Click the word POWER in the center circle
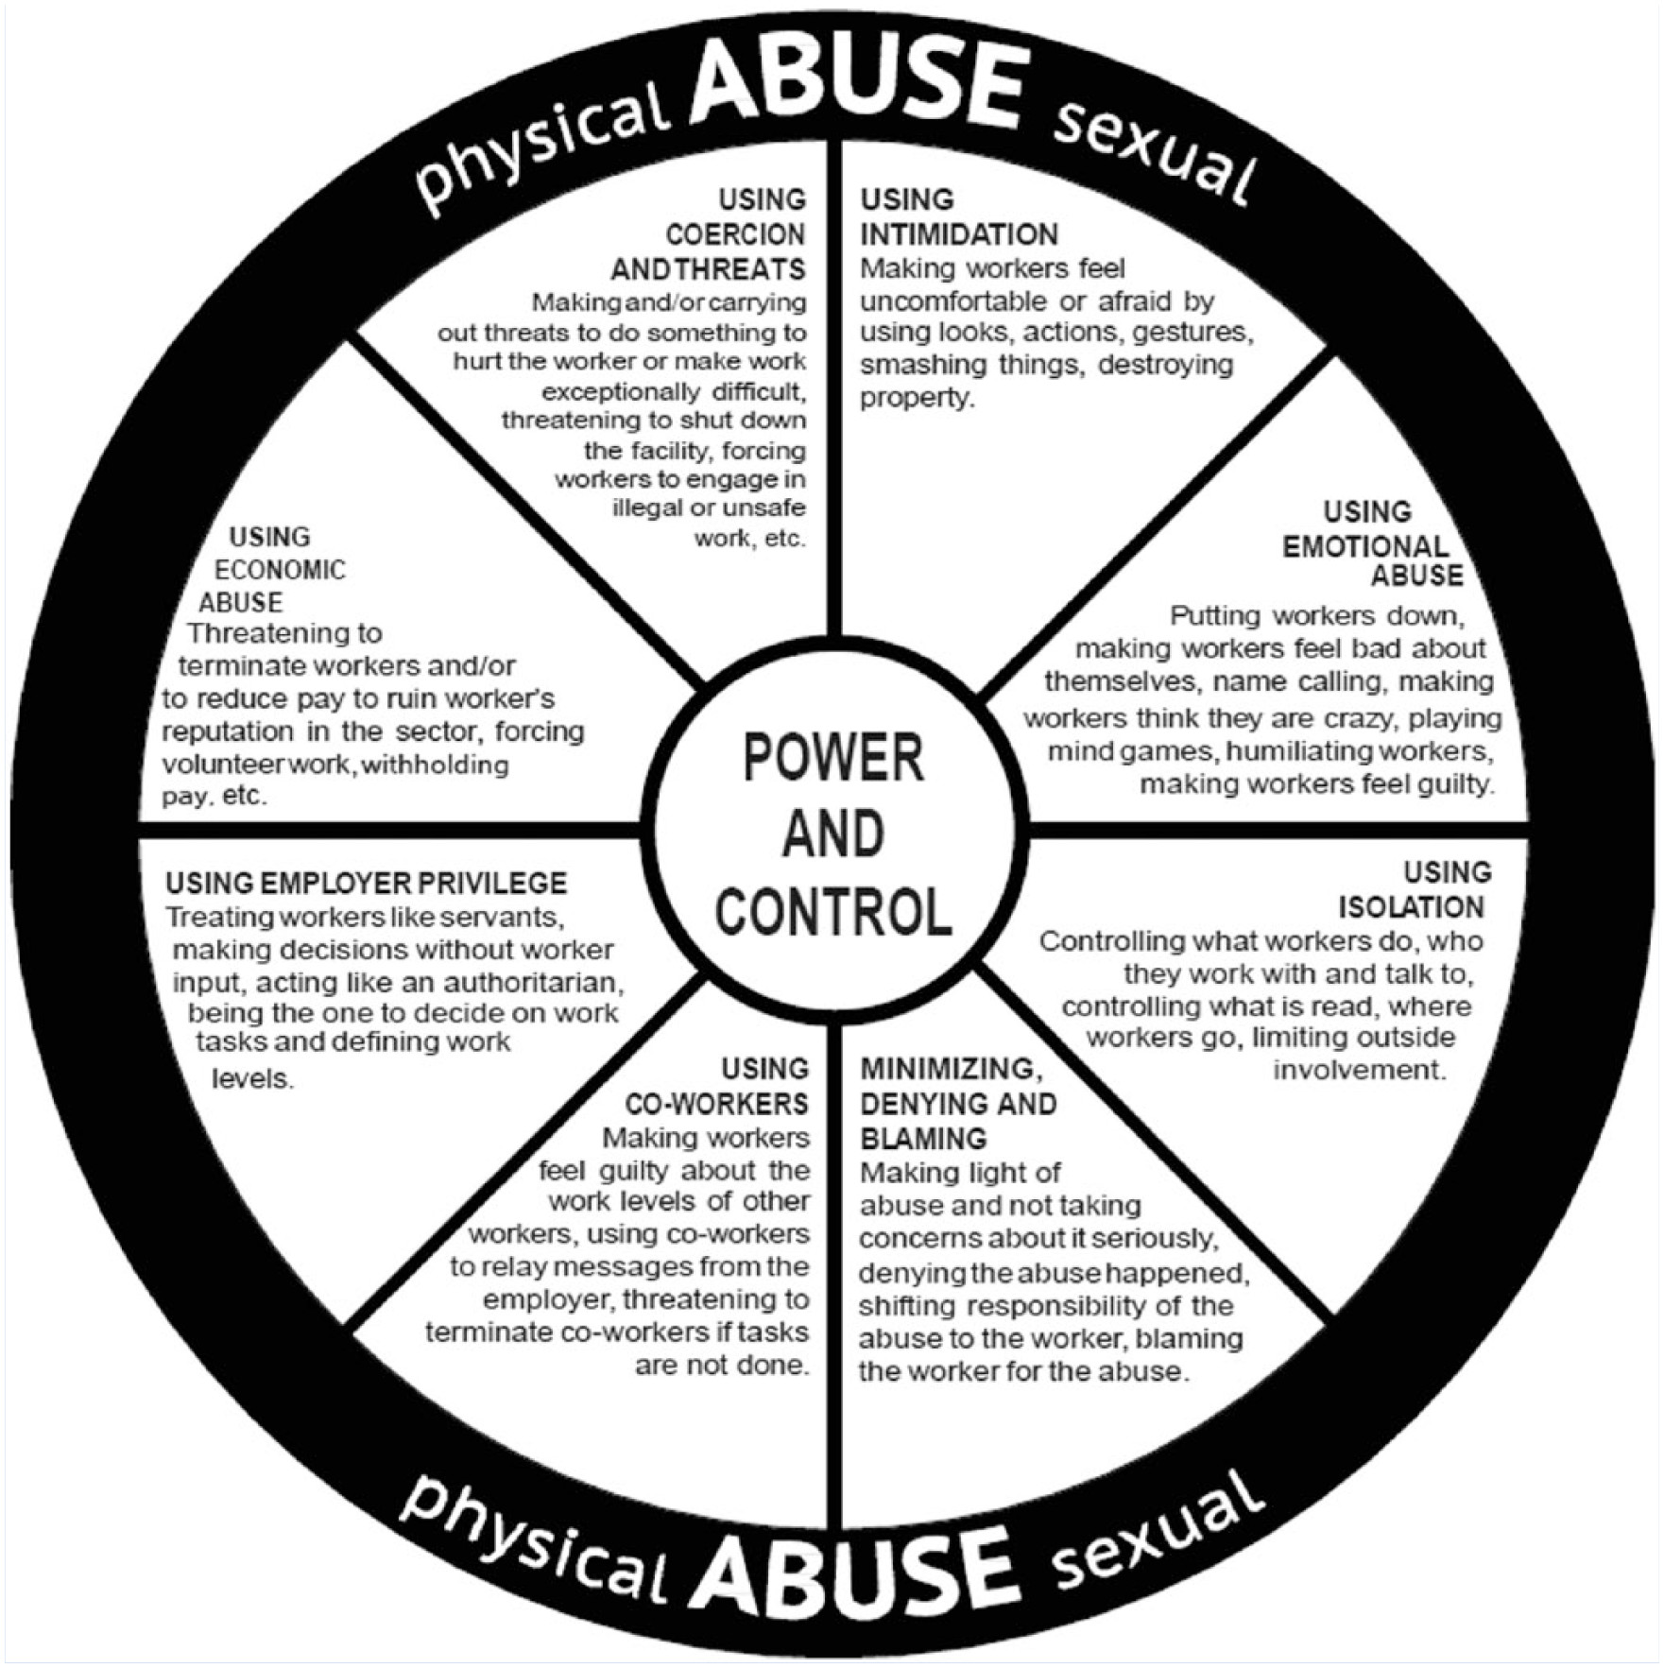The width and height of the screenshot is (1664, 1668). coord(832,759)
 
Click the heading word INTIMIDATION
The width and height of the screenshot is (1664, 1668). coord(958,234)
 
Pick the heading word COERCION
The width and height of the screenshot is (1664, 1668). coord(735,234)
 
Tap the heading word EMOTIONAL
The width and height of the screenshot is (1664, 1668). coord(1364,546)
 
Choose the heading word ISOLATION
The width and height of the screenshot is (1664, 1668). coord(1411,907)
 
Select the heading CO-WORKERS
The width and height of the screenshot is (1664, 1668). coord(716,1104)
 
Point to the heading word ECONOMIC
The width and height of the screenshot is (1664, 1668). coord(280,570)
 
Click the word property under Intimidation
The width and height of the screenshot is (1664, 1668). coord(916,398)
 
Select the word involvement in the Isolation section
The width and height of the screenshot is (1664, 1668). coord(1359,1071)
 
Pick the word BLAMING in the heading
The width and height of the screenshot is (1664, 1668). coord(923,1138)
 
